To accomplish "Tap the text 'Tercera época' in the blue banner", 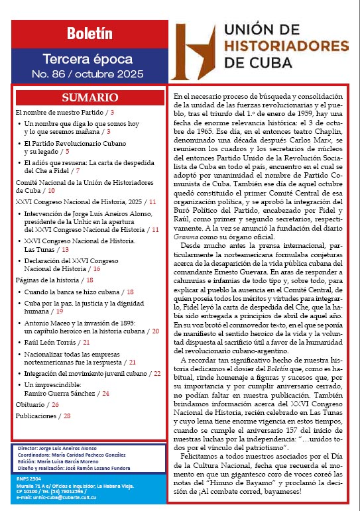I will coord(90,59).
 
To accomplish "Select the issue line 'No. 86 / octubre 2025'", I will coord(90,74).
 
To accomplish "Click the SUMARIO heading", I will coord(90,97).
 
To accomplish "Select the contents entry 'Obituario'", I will coord(30,404).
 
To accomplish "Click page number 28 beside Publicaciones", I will coord(67,416).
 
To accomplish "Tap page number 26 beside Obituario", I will coord(55,404).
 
